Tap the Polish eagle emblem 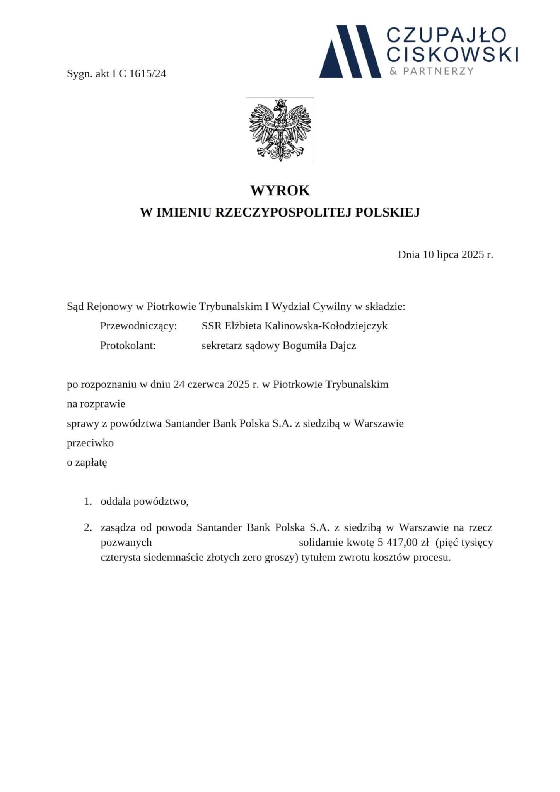tap(280, 130)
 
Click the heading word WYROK tap(280, 191)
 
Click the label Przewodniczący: tap(138, 326)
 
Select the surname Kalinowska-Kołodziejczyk tap(326, 326)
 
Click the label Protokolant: tap(128, 345)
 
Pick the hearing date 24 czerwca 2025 tap(209, 385)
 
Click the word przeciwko tap(90, 443)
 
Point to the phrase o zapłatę tap(87, 462)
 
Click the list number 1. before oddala tap(88, 502)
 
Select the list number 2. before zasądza tap(88, 527)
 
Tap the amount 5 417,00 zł tap(402, 543)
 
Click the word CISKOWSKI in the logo tap(452, 55)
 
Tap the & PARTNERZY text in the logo tap(431, 71)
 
